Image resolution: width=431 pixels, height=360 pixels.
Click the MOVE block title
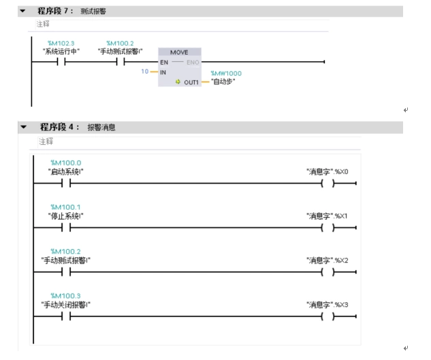[179, 52]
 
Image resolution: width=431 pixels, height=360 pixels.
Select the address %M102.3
[61, 43]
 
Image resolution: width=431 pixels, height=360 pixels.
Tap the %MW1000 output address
[226, 73]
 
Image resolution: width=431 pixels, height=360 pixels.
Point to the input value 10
[144, 71]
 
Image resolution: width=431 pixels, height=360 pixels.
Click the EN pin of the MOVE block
[164, 62]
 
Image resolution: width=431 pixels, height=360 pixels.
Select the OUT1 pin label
[191, 82]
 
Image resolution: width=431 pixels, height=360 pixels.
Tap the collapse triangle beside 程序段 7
[23, 12]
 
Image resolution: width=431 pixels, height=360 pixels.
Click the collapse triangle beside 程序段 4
[23, 127]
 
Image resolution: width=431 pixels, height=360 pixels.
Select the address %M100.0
[65, 163]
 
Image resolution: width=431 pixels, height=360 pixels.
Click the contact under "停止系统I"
[65, 228]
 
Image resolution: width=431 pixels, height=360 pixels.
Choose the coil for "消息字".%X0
[328, 184]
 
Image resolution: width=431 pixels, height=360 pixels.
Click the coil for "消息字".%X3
[328, 316]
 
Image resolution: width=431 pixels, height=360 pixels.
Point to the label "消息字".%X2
[328, 261]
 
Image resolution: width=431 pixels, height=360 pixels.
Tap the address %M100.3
[65, 296]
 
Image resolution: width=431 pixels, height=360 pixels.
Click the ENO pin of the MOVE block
[193, 62]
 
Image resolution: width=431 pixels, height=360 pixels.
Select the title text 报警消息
[101, 127]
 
